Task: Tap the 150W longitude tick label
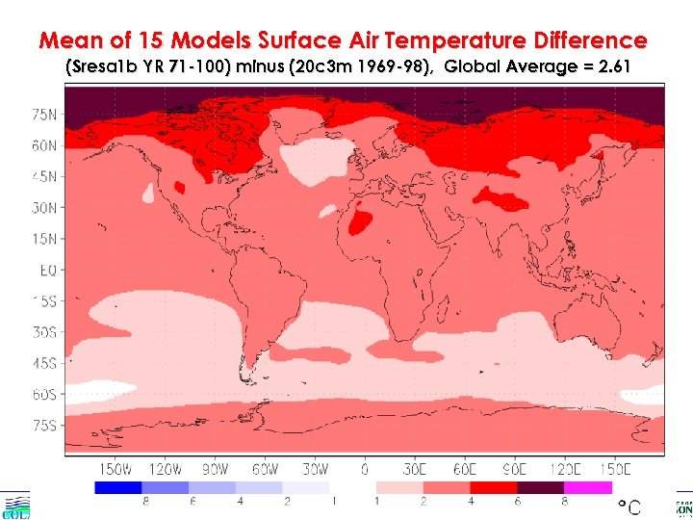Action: tap(115, 469)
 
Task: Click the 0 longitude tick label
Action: tap(365, 469)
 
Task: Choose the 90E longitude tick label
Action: tap(515, 469)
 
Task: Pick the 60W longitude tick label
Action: tap(266, 469)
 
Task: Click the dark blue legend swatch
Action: tap(118, 488)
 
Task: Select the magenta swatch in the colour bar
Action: tap(588, 488)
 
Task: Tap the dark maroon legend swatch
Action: tap(541, 488)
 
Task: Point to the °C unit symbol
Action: tap(629, 507)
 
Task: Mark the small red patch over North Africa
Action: tap(361, 223)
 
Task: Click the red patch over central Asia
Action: tap(505, 199)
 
